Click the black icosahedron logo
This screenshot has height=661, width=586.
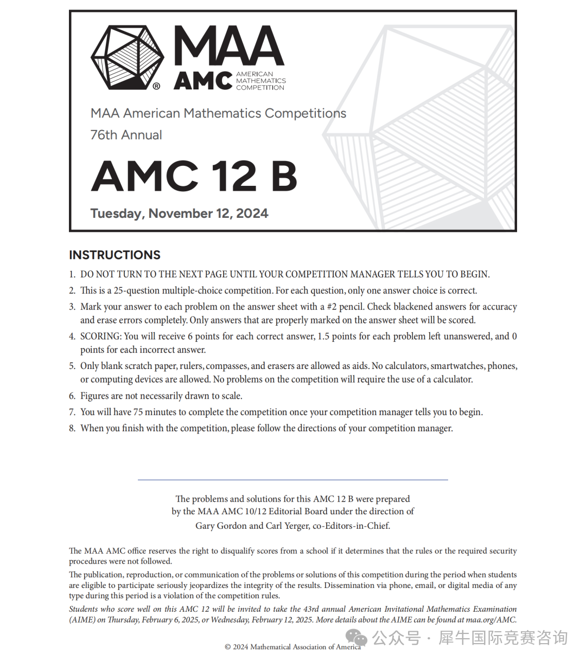pos(127,57)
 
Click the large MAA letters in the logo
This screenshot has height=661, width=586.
pos(228,47)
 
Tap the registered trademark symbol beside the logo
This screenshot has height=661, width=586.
pos(156,86)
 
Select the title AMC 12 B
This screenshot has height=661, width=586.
pos(194,176)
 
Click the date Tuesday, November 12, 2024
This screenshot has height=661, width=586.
pos(179,213)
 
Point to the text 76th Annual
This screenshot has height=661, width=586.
pos(126,135)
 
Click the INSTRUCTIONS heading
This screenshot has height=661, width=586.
pos(114,255)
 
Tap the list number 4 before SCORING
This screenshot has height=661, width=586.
pos(72,336)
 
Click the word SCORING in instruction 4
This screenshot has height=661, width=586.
pos(101,336)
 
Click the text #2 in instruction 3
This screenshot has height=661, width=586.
pos(332,307)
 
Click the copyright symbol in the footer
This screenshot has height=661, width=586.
pos(228,647)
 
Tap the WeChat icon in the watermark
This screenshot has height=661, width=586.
pos(357,638)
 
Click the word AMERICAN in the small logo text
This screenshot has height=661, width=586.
pos(254,74)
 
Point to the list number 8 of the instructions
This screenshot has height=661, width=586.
pos(72,429)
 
